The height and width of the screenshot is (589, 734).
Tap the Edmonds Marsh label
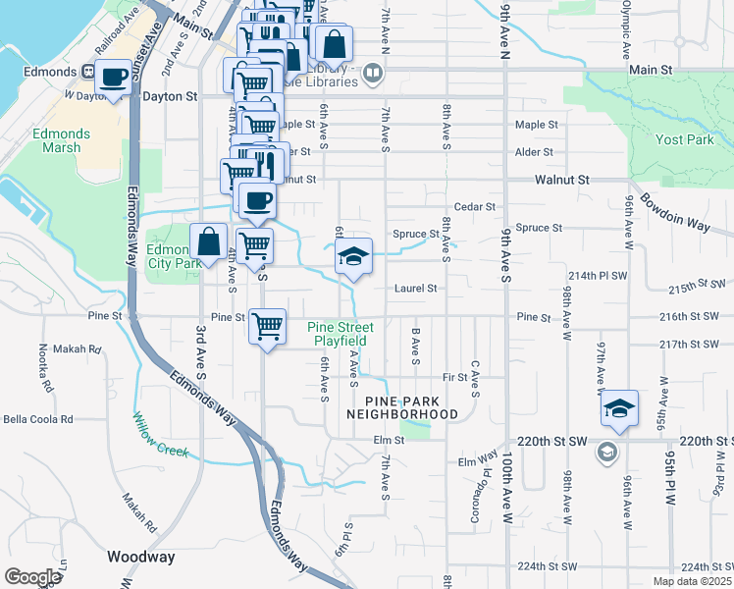click(61, 141)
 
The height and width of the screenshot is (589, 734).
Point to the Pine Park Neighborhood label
click(402, 407)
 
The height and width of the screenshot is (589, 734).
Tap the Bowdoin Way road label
click(675, 212)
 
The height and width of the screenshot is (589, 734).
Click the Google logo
click(32, 577)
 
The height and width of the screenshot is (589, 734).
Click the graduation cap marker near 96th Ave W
click(619, 408)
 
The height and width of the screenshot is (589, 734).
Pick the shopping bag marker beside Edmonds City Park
click(209, 241)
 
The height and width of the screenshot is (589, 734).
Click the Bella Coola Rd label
click(38, 419)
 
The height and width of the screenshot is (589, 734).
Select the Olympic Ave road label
click(624, 30)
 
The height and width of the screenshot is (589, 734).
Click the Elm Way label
click(478, 460)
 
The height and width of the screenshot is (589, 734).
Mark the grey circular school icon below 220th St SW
click(606, 452)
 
